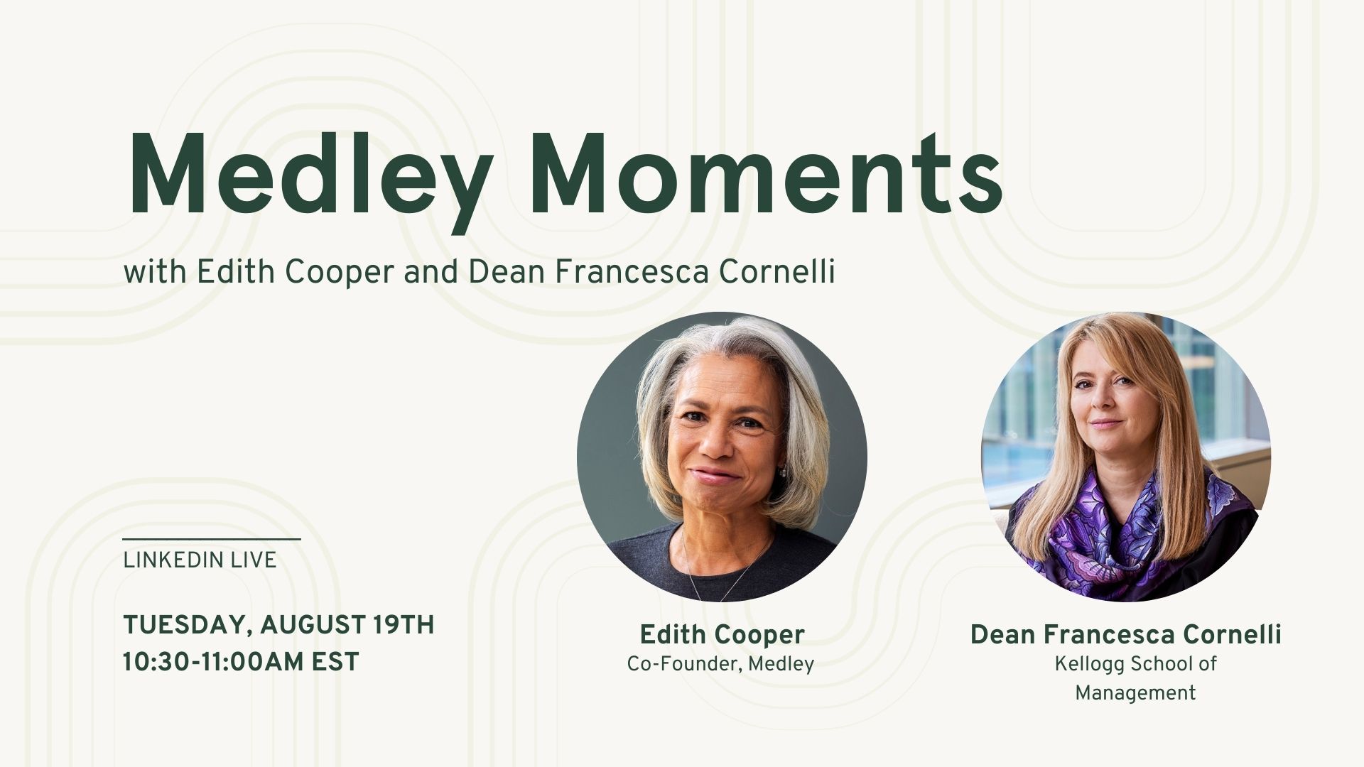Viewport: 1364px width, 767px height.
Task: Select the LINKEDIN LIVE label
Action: click(200, 560)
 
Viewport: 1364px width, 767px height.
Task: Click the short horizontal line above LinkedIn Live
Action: click(212, 540)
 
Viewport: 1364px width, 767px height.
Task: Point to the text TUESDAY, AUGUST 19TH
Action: click(278, 625)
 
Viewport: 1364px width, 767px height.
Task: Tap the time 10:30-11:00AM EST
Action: click(241, 662)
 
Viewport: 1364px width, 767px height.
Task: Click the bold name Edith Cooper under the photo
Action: click(722, 634)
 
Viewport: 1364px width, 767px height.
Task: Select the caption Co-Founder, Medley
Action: click(720, 664)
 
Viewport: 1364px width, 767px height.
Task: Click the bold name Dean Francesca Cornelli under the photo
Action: click(1125, 634)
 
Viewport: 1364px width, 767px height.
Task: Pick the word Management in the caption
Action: click(1135, 692)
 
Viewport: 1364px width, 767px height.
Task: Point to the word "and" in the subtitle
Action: click(431, 272)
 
